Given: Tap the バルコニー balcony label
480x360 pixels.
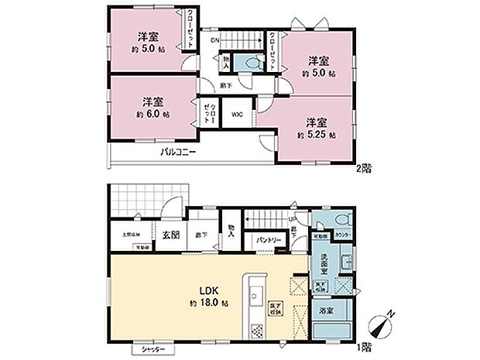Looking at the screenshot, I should pos(178,153).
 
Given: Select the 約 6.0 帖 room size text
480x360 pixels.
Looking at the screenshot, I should pos(152,112).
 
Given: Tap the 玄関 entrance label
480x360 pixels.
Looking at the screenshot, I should pos(171,235).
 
